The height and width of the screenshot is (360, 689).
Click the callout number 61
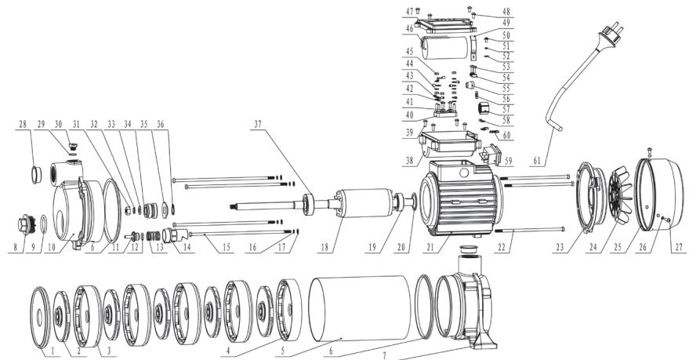point(537,161)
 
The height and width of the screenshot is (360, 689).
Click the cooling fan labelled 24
point(621,195)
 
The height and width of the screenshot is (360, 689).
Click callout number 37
point(258,125)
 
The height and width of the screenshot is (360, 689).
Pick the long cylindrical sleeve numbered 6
point(360,308)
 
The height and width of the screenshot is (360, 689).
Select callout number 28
point(23,125)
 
